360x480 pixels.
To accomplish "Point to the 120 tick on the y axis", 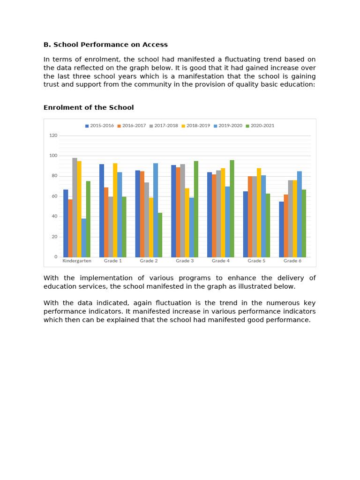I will pos(53,135).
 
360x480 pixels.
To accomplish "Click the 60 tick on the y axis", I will pos(54,196).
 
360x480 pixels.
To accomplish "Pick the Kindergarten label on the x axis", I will pos(77,261).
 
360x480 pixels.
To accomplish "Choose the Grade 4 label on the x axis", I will pos(220,261).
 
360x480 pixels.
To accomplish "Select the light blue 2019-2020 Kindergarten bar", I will pos(83,238).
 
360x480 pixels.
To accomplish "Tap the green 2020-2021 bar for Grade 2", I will pos(160,235).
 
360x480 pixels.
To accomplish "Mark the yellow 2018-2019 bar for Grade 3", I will pos(187,223).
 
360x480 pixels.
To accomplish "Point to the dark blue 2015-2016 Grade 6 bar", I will pos(281,229).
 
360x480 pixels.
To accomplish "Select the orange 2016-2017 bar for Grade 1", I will pos(106,222).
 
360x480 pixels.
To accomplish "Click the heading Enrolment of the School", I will pos(89,107).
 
